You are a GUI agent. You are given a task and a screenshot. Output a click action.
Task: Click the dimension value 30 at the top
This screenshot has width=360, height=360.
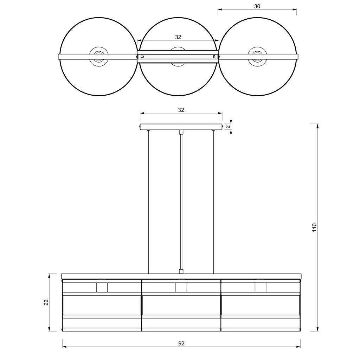[257, 6]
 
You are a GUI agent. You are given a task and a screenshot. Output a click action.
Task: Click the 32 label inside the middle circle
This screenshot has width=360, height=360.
[178, 37]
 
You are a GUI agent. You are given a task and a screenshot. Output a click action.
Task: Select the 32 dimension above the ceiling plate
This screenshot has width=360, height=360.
[181, 110]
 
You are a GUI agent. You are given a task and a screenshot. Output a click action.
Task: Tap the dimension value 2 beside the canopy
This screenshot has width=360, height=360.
[228, 127]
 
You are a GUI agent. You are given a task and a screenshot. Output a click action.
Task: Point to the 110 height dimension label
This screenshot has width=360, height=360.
[314, 227]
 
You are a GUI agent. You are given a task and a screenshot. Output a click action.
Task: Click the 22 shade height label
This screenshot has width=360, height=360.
[46, 302]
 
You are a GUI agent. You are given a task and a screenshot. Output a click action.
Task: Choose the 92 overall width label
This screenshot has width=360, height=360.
[181, 343]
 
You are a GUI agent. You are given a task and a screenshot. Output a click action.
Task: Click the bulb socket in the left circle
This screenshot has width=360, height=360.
[99, 57]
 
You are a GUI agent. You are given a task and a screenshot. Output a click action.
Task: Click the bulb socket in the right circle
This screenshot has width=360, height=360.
[257, 57]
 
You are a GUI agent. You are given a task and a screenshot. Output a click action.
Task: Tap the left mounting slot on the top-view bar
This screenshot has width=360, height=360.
[142, 57]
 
